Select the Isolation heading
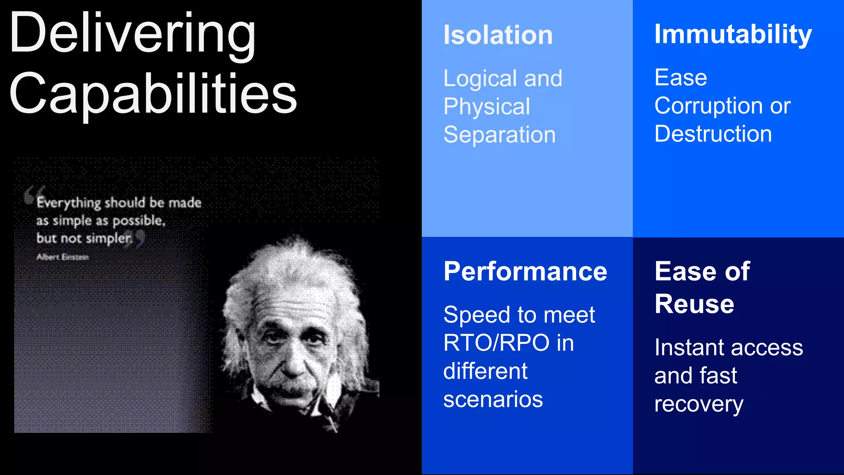click(498, 35)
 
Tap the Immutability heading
click(733, 34)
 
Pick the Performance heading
click(525, 272)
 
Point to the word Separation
click(499, 135)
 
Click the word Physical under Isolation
click(487, 107)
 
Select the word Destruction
click(713, 134)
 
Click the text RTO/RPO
click(496, 343)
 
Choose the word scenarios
click(493, 400)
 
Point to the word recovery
click(699, 404)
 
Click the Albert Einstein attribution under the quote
click(63, 257)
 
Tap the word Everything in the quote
click(68, 203)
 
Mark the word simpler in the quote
click(108, 239)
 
